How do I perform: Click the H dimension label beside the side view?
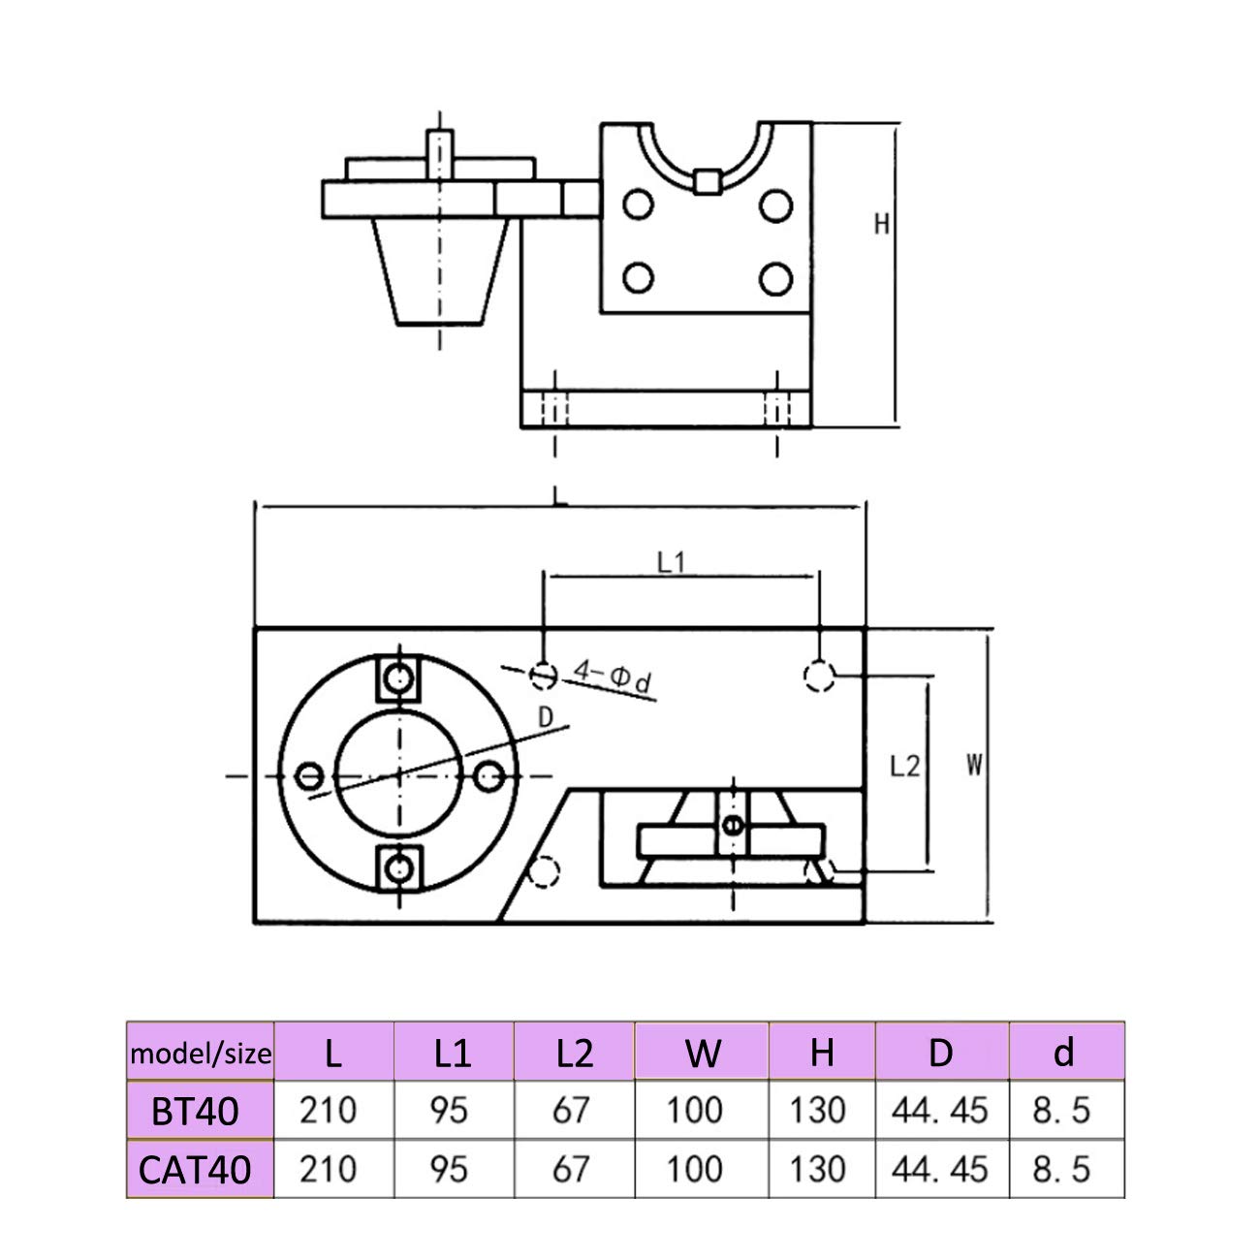click(x=881, y=224)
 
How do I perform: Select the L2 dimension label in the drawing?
click(x=903, y=766)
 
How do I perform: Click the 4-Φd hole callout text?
click(x=613, y=676)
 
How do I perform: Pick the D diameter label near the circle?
click(x=546, y=716)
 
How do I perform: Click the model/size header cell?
click(x=202, y=1053)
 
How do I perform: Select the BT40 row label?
click(x=195, y=1111)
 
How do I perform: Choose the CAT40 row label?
click(x=195, y=1170)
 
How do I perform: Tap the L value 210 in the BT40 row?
click(x=328, y=1110)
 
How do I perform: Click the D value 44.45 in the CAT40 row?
click(x=940, y=1169)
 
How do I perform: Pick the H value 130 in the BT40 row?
click(x=817, y=1110)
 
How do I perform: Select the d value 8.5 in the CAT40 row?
click(x=1061, y=1169)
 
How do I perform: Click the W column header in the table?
click(x=703, y=1053)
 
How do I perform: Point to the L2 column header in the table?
click(x=574, y=1053)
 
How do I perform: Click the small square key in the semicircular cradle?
click(x=709, y=181)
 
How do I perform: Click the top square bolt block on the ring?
click(x=397, y=679)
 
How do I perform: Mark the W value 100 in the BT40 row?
click(x=694, y=1110)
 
